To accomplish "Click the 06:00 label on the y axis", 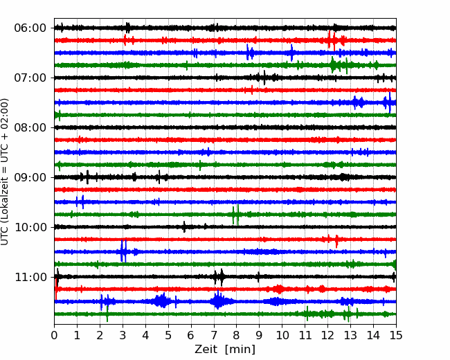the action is (x=30, y=28).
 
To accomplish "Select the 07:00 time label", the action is (x=30, y=78).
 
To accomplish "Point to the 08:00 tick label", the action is (x=30, y=128).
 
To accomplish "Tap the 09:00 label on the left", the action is (x=30, y=177).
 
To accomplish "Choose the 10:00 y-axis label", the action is (x=30, y=227).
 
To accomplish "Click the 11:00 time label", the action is (x=30, y=278).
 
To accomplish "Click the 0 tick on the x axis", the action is (x=54, y=335).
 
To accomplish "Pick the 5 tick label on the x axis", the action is (x=168, y=335).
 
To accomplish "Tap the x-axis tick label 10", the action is (x=282, y=335).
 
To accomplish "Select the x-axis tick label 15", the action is (x=396, y=335).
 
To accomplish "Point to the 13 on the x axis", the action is (x=350, y=335).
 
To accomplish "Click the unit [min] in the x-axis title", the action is (x=240, y=350).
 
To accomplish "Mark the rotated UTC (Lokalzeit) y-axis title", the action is (x=5, y=172).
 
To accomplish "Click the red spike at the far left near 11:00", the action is (x=56, y=289).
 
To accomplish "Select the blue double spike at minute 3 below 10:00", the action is (x=123, y=251).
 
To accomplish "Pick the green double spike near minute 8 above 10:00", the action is (x=235, y=215).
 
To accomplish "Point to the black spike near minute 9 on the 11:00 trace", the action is (x=259, y=277).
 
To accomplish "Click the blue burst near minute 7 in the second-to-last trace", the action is (x=219, y=301).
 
